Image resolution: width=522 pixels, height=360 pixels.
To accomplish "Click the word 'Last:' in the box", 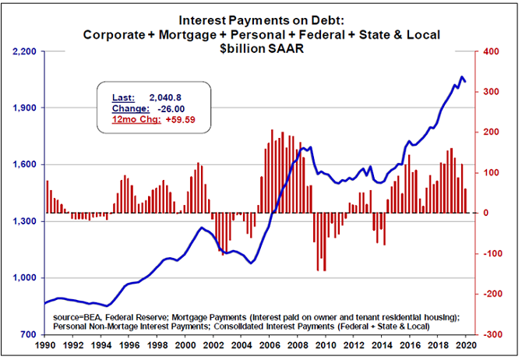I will pyautogui.click(x=123, y=97).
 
